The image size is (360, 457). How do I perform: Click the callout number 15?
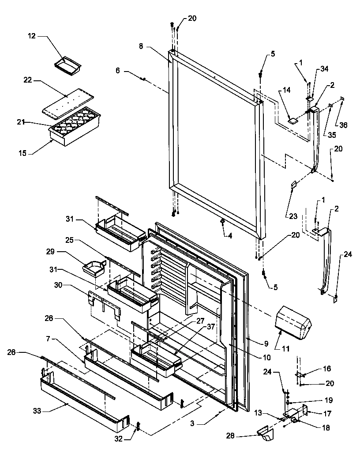pos(22,153)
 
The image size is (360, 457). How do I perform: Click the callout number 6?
pos(117,70)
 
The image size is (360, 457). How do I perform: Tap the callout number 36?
pos(343,125)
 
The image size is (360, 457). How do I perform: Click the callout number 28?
pos(239,437)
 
